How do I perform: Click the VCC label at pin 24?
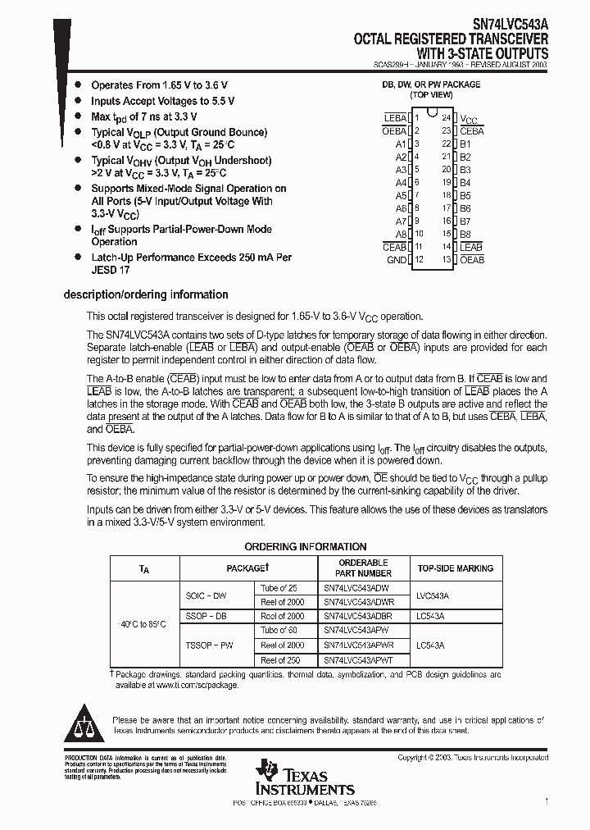[469, 118]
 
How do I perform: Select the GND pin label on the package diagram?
[397, 260]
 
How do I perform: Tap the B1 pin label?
[465, 144]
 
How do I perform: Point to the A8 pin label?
[401, 234]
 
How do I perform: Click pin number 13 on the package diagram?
[447, 260]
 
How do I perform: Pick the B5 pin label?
[465, 196]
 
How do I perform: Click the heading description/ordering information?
[146, 294]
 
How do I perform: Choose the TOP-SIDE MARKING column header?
[456, 568]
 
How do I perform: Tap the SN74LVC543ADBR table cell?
[357, 616]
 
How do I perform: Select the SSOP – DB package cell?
[206, 616]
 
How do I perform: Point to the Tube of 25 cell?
[279, 588]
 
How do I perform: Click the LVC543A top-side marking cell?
[433, 595]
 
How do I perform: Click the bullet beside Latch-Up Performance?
[78, 258]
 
